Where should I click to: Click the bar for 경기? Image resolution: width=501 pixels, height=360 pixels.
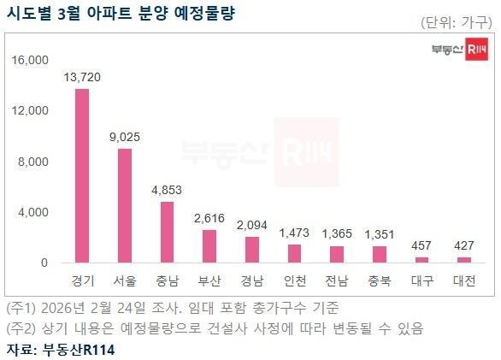point(82,175)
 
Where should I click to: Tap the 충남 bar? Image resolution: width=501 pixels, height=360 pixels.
point(168,232)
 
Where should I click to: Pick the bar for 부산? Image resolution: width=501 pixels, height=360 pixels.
point(209,245)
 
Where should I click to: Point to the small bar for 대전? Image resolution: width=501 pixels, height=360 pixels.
point(463,259)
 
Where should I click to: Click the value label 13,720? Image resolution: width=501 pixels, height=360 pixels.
point(82,77)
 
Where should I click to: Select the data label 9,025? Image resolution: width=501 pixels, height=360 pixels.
point(125,137)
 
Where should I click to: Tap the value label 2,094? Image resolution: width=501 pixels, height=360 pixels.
point(252,224)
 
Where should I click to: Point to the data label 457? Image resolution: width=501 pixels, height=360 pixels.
point(421,245)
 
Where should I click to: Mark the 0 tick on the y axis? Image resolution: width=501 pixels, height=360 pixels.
point(44,263)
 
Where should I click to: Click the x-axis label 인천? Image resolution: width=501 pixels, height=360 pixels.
point(295,280)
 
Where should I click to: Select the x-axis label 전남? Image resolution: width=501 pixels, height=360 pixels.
point(337,280)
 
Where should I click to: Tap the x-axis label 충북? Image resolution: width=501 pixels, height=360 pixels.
point(380,280)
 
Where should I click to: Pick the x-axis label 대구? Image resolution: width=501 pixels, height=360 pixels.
point(421,280)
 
